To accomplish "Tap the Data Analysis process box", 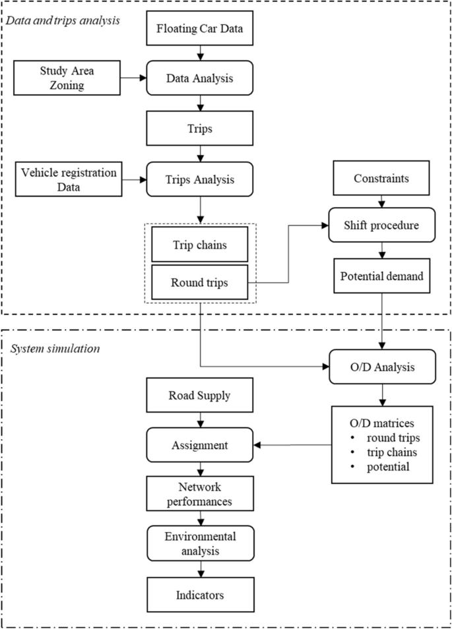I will tap(199, 78).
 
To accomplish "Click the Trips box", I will tap(199, 129).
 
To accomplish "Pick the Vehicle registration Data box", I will tap(69, 179).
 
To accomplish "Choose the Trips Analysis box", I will tap(199, 179).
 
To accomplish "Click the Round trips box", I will tap(199, 282).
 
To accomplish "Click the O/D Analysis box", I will tap(383, 365).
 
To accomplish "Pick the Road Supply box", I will tap(199, 396).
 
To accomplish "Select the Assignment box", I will tap(199, 445).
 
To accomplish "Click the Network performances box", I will tap(199, 493).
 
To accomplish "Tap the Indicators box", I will tap(199, 595).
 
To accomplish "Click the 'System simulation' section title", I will tap(54, 347).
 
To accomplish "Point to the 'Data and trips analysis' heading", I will tap(63, 20).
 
